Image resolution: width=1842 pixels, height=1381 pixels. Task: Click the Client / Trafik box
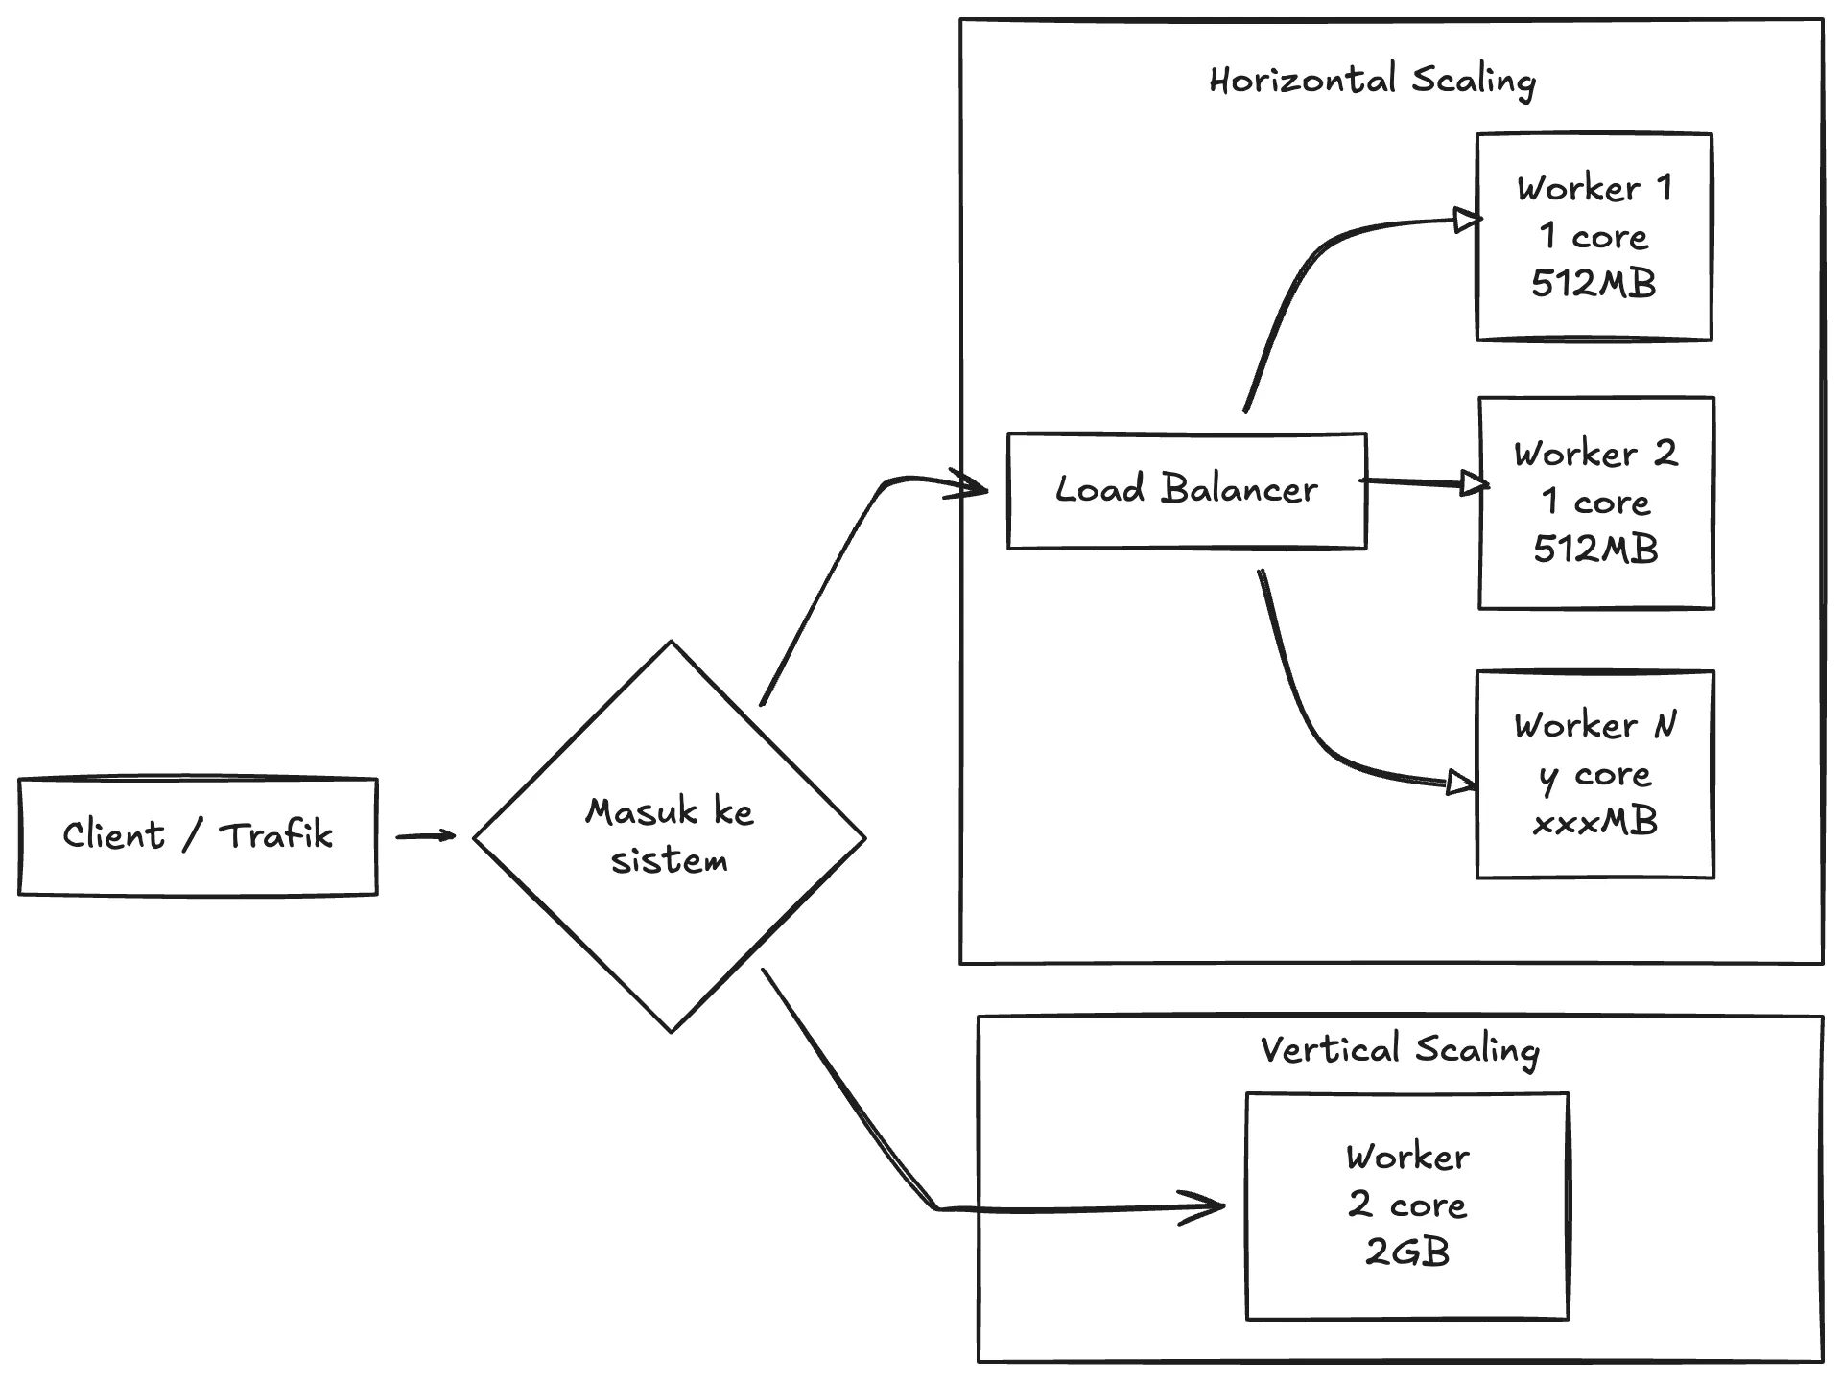(x=198, y=836)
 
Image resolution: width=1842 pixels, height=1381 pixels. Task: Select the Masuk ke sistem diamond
(x=670, y=836)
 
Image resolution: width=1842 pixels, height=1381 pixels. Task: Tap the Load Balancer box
(x=1187, y=490)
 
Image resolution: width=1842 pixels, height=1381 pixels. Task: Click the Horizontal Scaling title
(x=1372, y=81)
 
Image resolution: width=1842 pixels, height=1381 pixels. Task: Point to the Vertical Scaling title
(x=1400, y=1050)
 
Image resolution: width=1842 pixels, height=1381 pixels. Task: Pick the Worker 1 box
(x=1594, y=236)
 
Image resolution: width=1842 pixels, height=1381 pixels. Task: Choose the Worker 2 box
(x=1596, y=502)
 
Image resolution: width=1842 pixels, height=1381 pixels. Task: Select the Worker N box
(x=1594, y=773)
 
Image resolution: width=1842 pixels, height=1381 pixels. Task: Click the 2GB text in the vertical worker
(x=1407, y=1252)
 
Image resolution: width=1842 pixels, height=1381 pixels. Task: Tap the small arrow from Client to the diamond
(x=426, y=836)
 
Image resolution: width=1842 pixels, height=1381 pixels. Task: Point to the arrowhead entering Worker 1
(x=1467, y=221)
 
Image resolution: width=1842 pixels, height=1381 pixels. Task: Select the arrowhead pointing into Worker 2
(x=1474, y=483)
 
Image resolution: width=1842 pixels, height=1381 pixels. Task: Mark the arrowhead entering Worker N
(x=1460, y=784)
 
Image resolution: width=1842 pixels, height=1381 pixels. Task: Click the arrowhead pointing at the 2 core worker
(x=1205, y=1207)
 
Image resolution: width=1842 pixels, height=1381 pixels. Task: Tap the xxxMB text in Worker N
(x=1594, y=822)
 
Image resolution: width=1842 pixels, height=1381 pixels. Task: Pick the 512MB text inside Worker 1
(x=1594, y=284)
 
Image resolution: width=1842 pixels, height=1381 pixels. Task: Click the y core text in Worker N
(x=1594, y=775)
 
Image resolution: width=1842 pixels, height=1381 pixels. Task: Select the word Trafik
(x=276, y=835)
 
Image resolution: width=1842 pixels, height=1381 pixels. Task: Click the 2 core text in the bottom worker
(x=1407, y=1205)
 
